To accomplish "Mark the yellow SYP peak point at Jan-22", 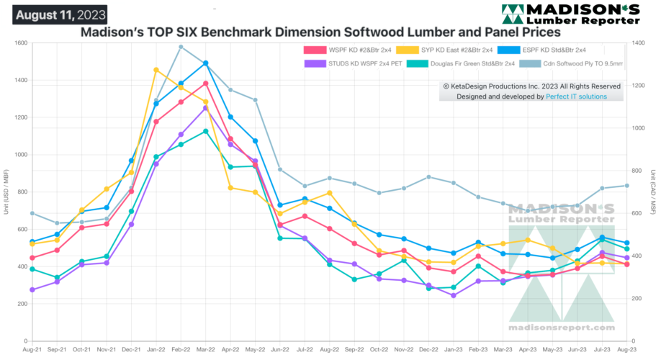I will click(156, 70).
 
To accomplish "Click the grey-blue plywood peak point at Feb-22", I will click(181, 47).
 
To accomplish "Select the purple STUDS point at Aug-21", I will click(32, 289).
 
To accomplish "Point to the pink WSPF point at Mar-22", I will click(206, 84).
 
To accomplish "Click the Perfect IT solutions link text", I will click(577, 96).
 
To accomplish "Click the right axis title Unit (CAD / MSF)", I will click(653, 192).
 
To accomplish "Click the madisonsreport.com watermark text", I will click(561, 326).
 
